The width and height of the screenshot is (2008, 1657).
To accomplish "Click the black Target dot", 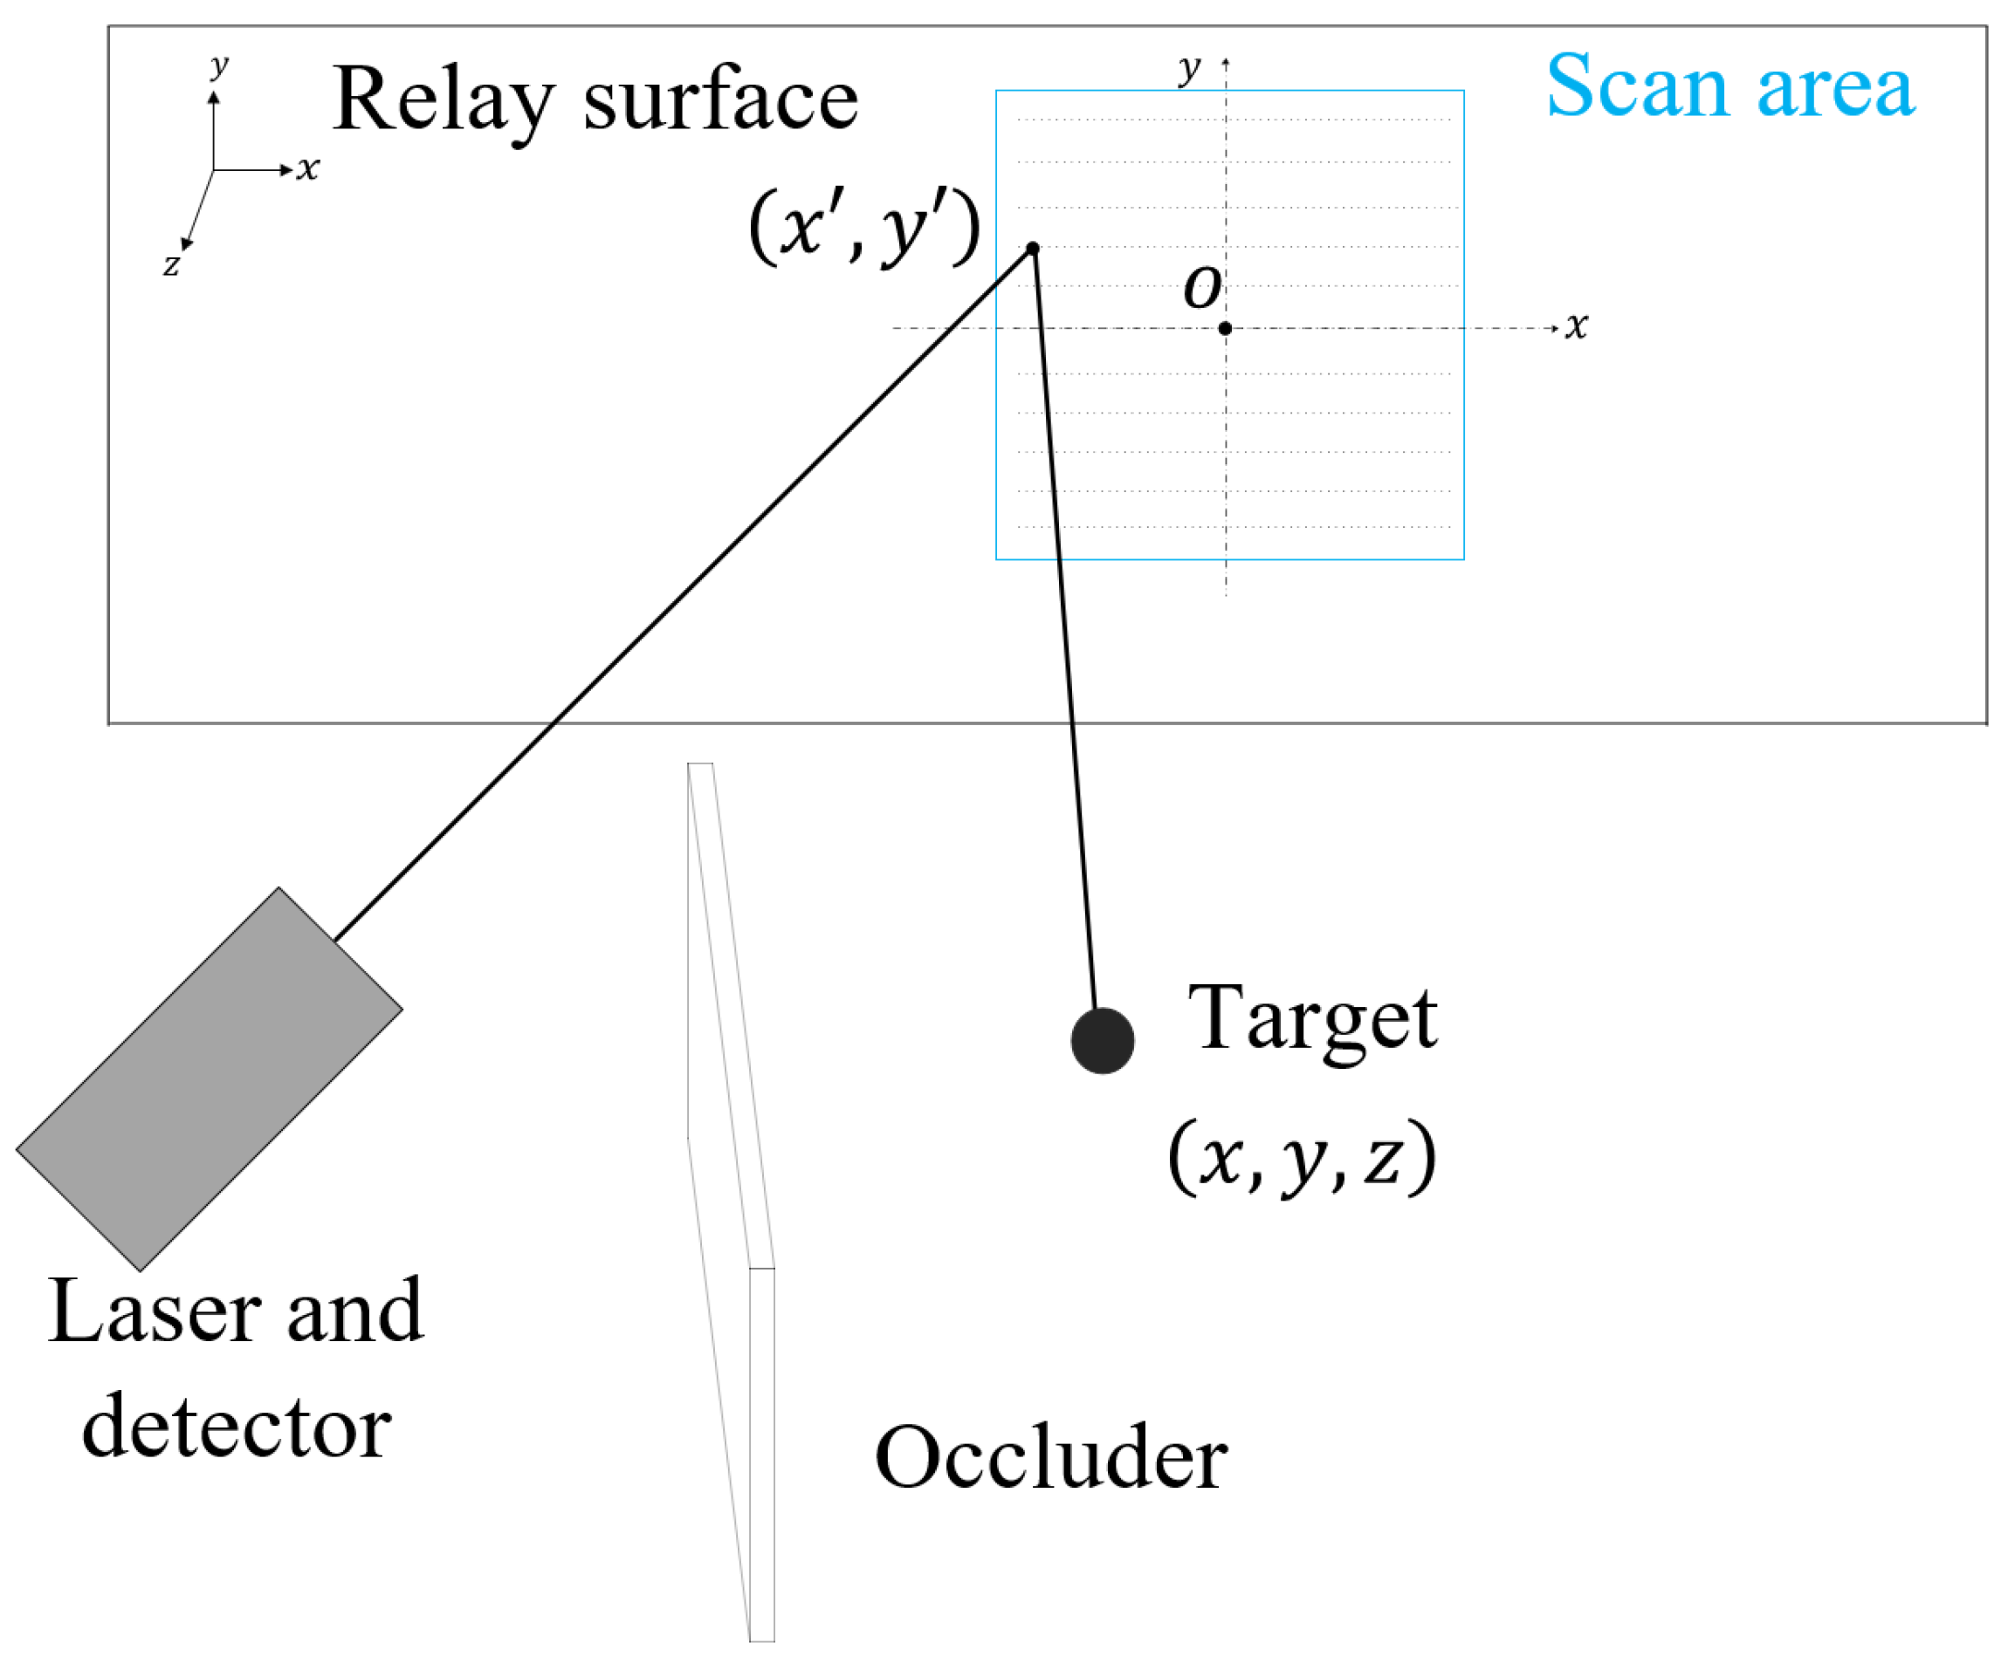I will [1102, 1040].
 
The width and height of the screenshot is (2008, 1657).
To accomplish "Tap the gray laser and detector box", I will [210, 1079].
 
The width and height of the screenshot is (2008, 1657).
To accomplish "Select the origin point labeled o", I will [1225, 328].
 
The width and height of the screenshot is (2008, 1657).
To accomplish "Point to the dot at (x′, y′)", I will [1032, 248].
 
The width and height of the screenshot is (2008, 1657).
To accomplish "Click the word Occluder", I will [1050, 1458].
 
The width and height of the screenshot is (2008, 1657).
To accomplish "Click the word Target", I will [1312, 1019].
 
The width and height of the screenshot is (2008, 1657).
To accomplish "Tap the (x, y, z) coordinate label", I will [1302, 1158].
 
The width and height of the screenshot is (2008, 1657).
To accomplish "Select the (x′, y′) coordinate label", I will [864, 227].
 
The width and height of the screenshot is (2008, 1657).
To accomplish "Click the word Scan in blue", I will [1635, 87].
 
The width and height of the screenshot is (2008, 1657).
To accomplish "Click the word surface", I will [720, 100].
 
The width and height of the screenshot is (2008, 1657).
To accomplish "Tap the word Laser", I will [153, 1312].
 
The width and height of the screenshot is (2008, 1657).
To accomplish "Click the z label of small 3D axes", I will [171, 264].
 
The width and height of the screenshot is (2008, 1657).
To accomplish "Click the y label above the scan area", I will [1189, 69].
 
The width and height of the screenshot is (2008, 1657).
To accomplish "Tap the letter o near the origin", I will [1201, 286].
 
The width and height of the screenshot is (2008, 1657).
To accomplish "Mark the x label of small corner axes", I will [307, 169].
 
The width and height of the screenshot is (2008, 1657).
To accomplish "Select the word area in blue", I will [1835, 87].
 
